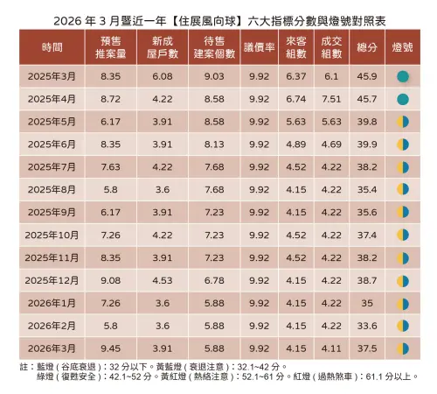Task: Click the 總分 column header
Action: (367, 46)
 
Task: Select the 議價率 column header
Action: (259, 46)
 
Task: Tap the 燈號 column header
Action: (402, 46)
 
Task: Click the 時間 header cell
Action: (52, 46)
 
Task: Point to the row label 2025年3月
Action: (52, 77)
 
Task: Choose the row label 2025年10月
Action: (52, 235)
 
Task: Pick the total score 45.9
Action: (367, 77)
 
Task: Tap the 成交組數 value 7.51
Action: (331, 99)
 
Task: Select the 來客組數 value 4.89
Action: (295, 144)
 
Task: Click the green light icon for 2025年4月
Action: (402, 99)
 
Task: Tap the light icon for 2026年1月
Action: (402, 302)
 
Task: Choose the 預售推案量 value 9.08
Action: (110, 279)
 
